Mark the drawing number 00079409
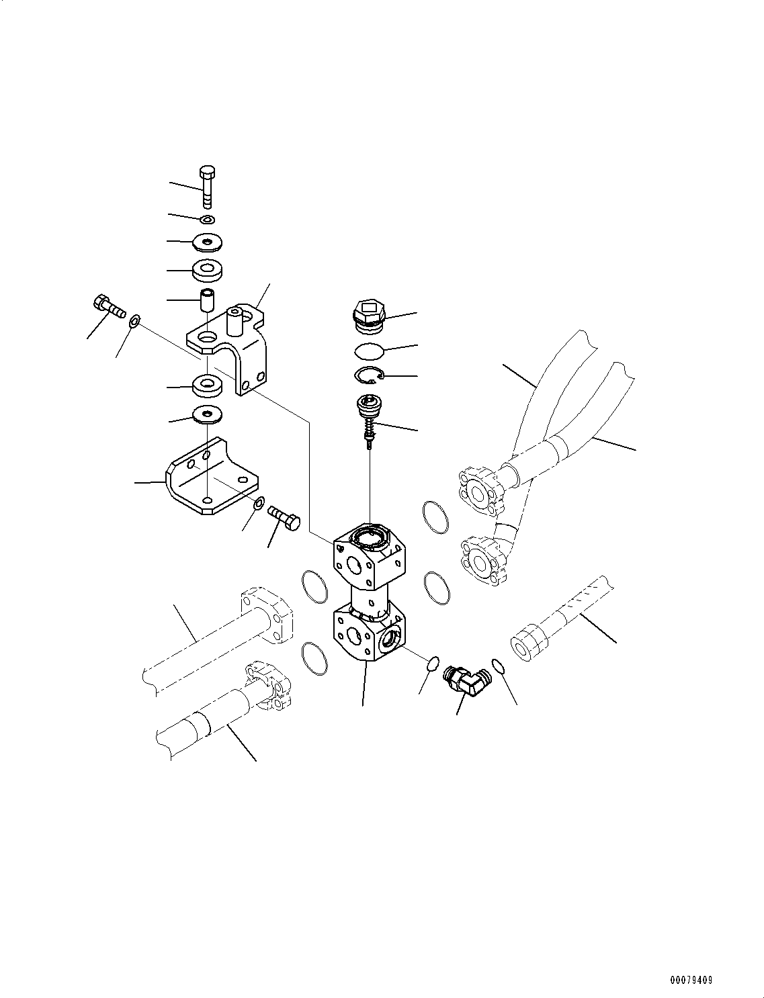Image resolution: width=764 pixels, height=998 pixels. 691,981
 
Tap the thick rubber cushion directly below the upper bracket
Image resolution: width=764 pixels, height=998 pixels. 208,386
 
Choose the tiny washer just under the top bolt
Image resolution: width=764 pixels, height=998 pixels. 208,219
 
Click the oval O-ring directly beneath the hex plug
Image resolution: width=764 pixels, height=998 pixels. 368,351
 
